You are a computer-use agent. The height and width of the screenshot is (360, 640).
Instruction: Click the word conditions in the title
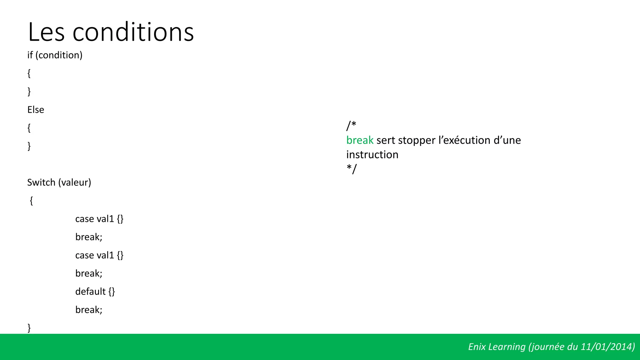pos(133,32)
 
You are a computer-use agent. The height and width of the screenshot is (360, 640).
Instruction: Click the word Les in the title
pos(46,32)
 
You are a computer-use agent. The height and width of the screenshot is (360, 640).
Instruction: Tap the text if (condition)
pos(55,55)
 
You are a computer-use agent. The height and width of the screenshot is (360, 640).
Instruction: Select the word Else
pos(36,110)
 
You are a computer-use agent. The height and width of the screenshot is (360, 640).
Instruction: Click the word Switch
pos(41,182)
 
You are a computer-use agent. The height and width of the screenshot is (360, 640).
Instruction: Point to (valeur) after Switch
pos(75,182)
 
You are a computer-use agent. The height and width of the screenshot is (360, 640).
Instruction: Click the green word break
pos(360,140)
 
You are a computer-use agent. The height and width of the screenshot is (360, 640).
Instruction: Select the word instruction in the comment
pos(372,155)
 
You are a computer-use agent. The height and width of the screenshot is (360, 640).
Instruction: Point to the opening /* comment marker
pos(351,126)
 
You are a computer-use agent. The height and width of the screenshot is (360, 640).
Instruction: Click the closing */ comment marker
pos(351,169)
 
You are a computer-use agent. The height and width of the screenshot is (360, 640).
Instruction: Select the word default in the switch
pos(90,292)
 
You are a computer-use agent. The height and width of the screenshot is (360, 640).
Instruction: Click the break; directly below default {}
pos(89,310)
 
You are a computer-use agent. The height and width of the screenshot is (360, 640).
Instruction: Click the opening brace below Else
pos(29,128)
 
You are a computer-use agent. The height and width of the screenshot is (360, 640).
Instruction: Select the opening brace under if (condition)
pos(29,73)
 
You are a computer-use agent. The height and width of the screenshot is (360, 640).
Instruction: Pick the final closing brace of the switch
pos(29,328)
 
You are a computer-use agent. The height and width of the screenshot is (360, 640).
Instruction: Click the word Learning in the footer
pos(507,347)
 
